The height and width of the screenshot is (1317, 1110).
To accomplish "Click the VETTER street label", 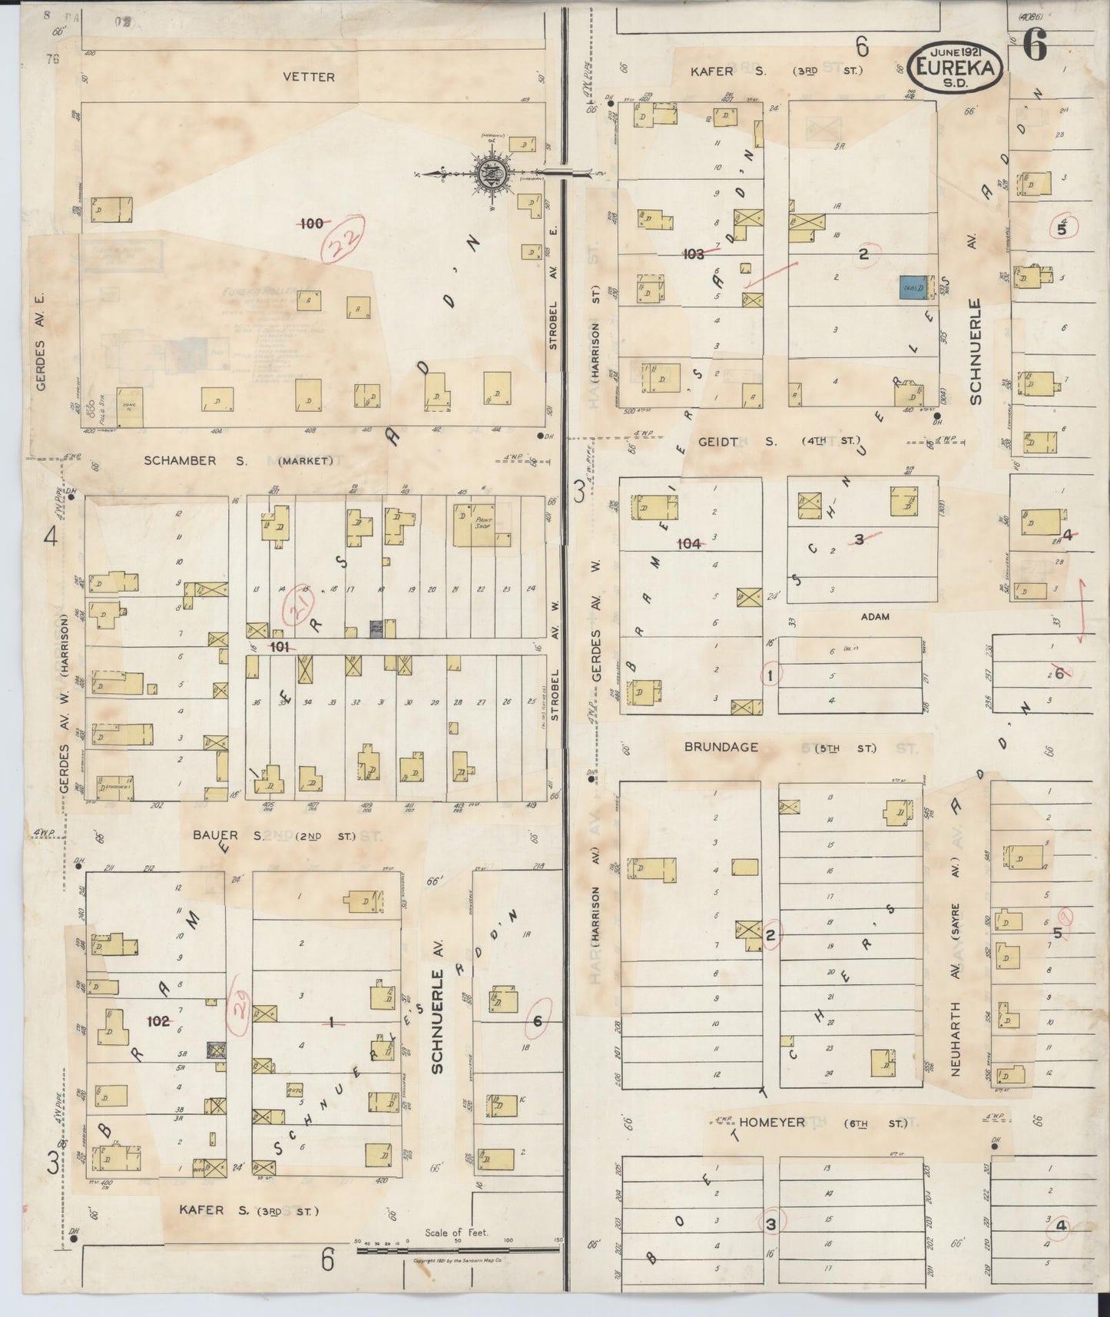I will pyautogui.click(x=308, y=77).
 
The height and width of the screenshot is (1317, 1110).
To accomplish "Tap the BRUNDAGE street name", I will pyautogui.click(x=722, y=747).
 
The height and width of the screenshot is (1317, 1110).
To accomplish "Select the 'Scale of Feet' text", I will pyautogui.click(x=456, y=1233).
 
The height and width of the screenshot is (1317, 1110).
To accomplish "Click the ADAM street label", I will pyautogui.click(x=874, y=616).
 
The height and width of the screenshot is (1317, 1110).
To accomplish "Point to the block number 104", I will pyautogui.click(x=688, y=544).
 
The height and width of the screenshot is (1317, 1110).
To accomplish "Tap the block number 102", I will pyautogui.click(x=158, y=1021).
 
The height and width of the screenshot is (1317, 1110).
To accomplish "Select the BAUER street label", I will pyautogui.click(x=215, y=835).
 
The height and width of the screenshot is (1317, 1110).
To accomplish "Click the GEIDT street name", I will pyautogui.click(x=718, y=442).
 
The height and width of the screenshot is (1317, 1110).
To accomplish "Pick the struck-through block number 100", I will pyautogui.click(x=311, y=224).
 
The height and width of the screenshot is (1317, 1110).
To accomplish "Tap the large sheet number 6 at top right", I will pyautogui.click(x=1035, y=48).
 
